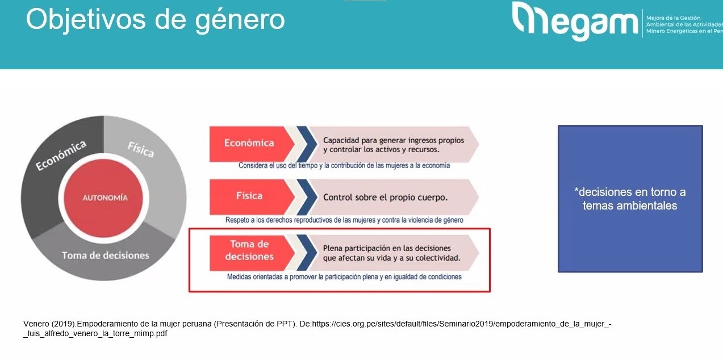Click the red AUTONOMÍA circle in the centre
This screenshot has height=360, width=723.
click(103, 198)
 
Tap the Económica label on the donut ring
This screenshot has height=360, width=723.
click(61, 155)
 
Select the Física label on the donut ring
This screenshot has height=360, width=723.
click(141, 149)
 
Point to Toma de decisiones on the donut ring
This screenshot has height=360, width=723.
click(106, 256)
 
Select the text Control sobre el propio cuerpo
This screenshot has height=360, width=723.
click(386, 198)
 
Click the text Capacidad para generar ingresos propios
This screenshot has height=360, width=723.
click(394, 140)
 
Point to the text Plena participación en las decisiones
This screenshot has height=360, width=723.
click(387, 248)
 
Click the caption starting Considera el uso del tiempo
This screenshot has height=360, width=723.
click(344, 165)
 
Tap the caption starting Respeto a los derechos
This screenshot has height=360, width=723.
click(344, 220)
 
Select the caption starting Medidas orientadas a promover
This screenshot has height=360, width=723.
click(344, 277)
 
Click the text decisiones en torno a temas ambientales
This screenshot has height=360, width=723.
click(630, 199)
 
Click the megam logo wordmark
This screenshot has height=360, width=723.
click(575, 21)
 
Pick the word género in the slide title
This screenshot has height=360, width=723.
click(240, 20)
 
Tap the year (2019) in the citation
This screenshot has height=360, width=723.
click(63, 324)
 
